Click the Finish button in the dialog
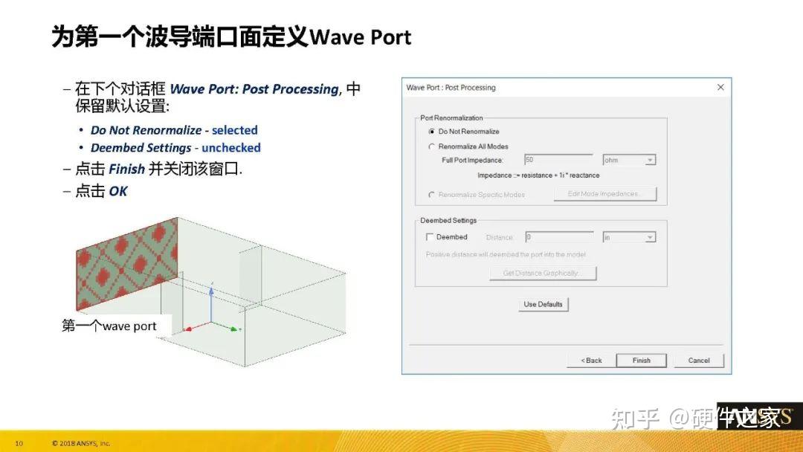point(641,361)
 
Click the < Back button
point(591,361)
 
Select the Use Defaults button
point(544,304)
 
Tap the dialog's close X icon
point(720,88)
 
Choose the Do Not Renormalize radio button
point(431,132)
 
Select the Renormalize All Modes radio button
point(431,146)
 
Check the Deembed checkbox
point(430,237)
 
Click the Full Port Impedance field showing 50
point(558,160)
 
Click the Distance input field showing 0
point(558,237)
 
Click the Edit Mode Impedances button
point(605,194)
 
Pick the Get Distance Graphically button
point(543,274)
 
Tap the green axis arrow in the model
point(233,329)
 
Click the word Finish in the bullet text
point(126,169)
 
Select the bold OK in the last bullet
point(118,192)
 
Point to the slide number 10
point(19,444)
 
